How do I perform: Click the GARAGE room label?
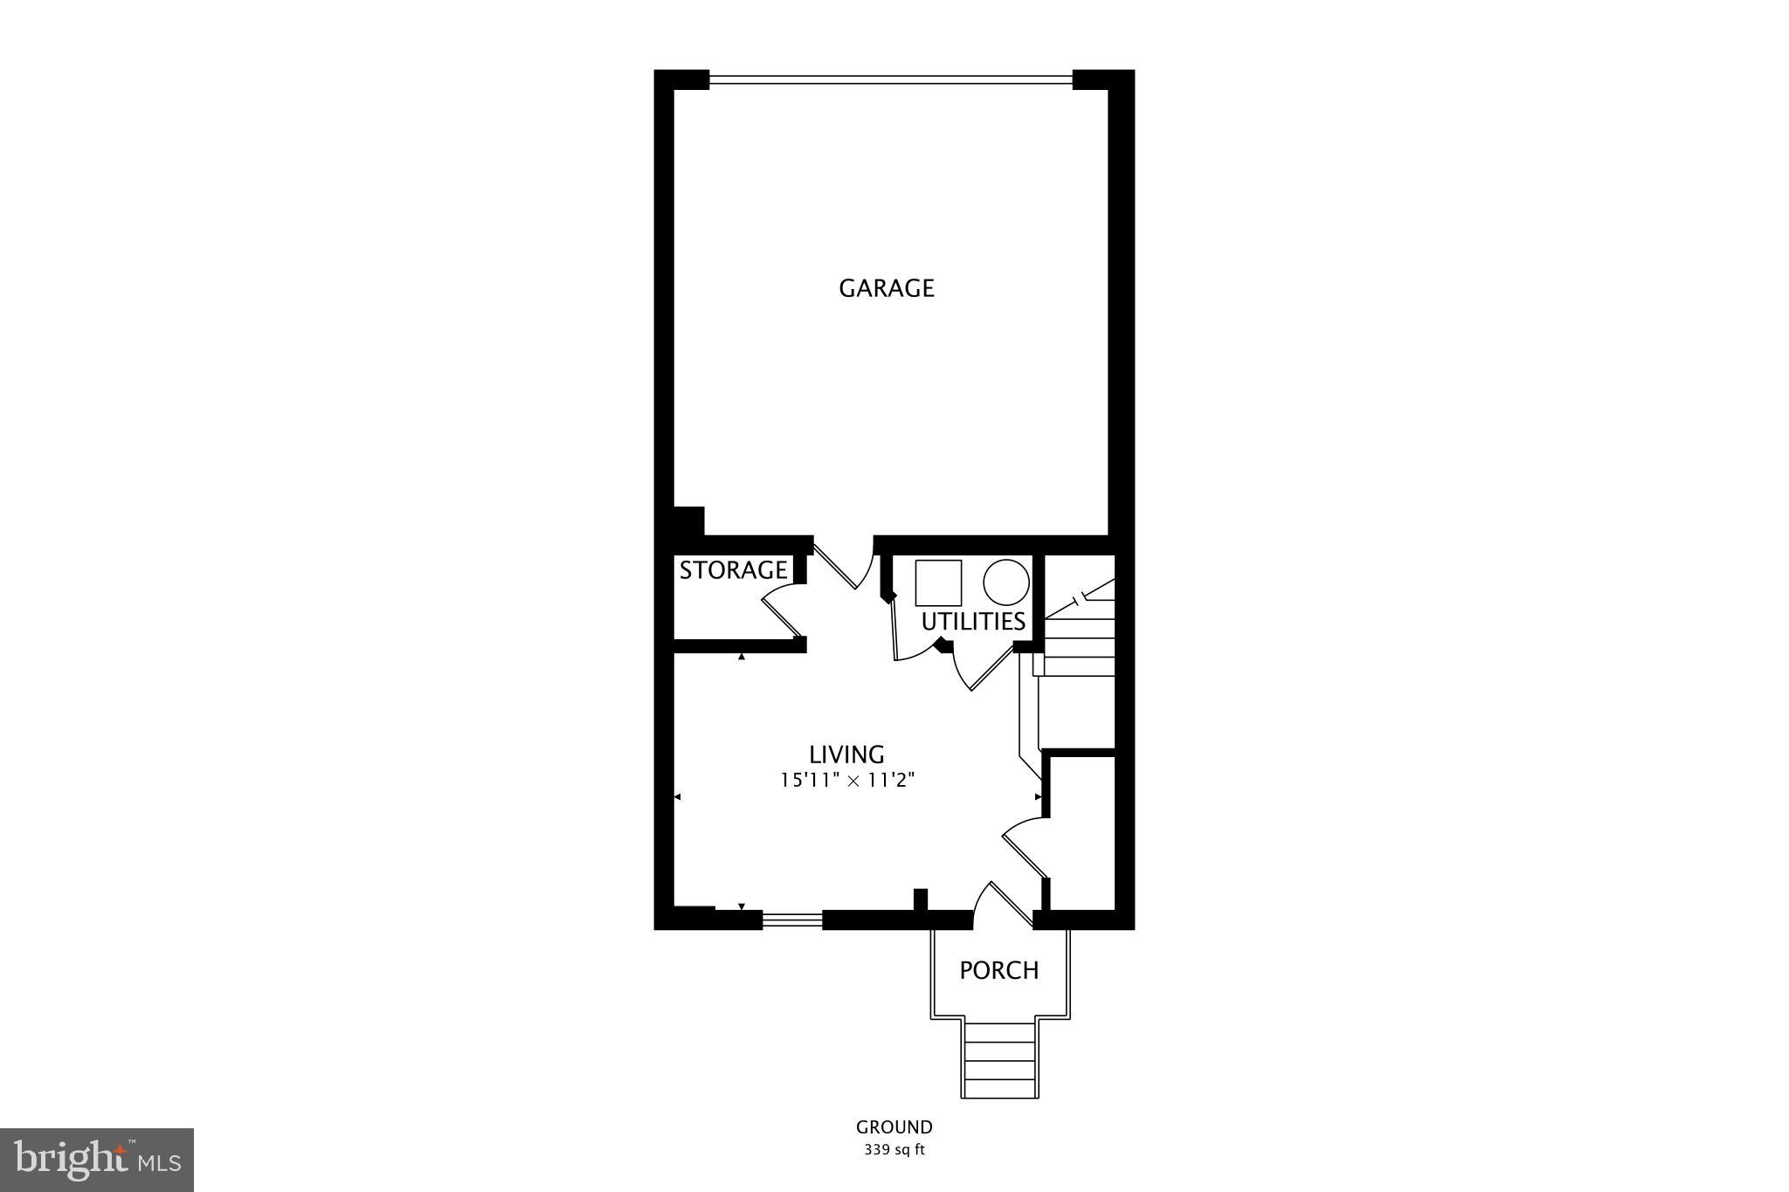887,288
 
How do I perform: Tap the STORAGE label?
733,570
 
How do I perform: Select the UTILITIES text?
973,622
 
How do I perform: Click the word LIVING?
846,754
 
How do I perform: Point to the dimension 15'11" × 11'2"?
846,780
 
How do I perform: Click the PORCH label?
999,970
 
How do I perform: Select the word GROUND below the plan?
894,1127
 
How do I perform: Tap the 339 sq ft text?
894,1150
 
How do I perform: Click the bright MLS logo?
97,1160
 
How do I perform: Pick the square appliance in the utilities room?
938,583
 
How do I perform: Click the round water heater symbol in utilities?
1005,582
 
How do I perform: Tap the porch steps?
1000,1058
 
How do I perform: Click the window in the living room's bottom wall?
792,920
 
